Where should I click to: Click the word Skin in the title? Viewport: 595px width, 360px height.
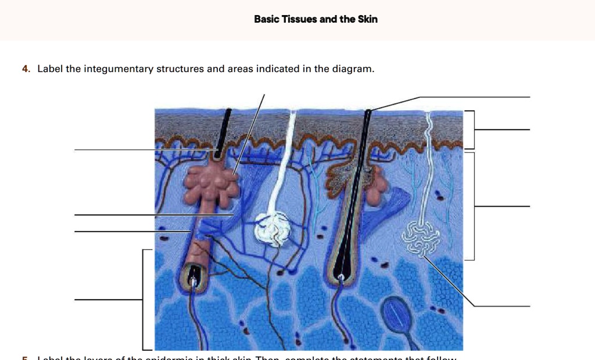(x=367, y=19)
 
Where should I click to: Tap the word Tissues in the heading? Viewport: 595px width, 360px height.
(x=299, y=19)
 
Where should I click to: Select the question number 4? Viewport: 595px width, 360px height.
(x=25, y=69)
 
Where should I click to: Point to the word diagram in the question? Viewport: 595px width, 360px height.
(x=353, y=69)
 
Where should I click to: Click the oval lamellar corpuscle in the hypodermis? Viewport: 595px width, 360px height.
(x=399, y=314)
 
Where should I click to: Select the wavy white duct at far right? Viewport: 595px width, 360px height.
(x=429, y=157)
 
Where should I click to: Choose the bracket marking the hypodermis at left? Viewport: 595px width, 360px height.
(x=144, y=300)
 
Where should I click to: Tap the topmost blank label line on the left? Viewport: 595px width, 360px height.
(x=116, y=150)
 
